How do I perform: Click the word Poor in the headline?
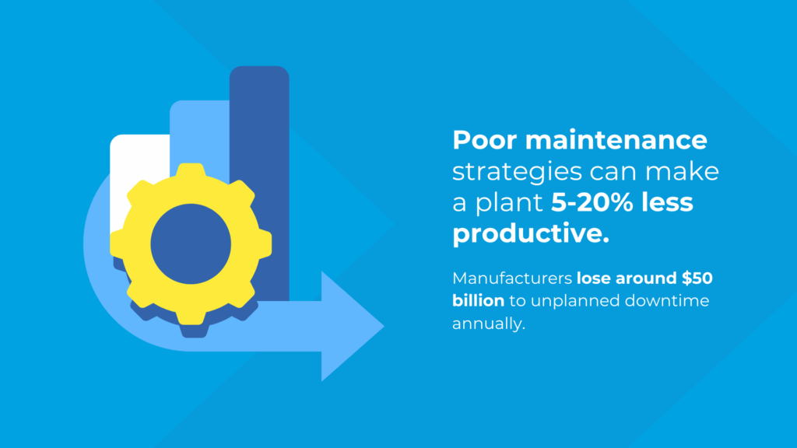tap(484, 140)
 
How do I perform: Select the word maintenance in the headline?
tap(616, 140)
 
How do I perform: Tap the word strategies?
tap(517, 173)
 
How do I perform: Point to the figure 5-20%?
tap(592, 202)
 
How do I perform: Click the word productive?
tap(531, 233)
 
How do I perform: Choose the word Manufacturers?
tap(512, 278)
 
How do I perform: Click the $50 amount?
tap(697, 278)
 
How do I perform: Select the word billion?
tap(479, 301)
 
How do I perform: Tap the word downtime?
tap(667, 301)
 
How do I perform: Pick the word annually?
tap(489, 324)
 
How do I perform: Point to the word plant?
tap(509, 203)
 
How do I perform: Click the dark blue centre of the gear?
tap(191, 243)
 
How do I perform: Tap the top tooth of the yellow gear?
tap(191, 170)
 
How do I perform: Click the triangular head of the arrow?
tap(351, 326)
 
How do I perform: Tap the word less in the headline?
tap(667, 202)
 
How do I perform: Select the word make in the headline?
tap(682, 172)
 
